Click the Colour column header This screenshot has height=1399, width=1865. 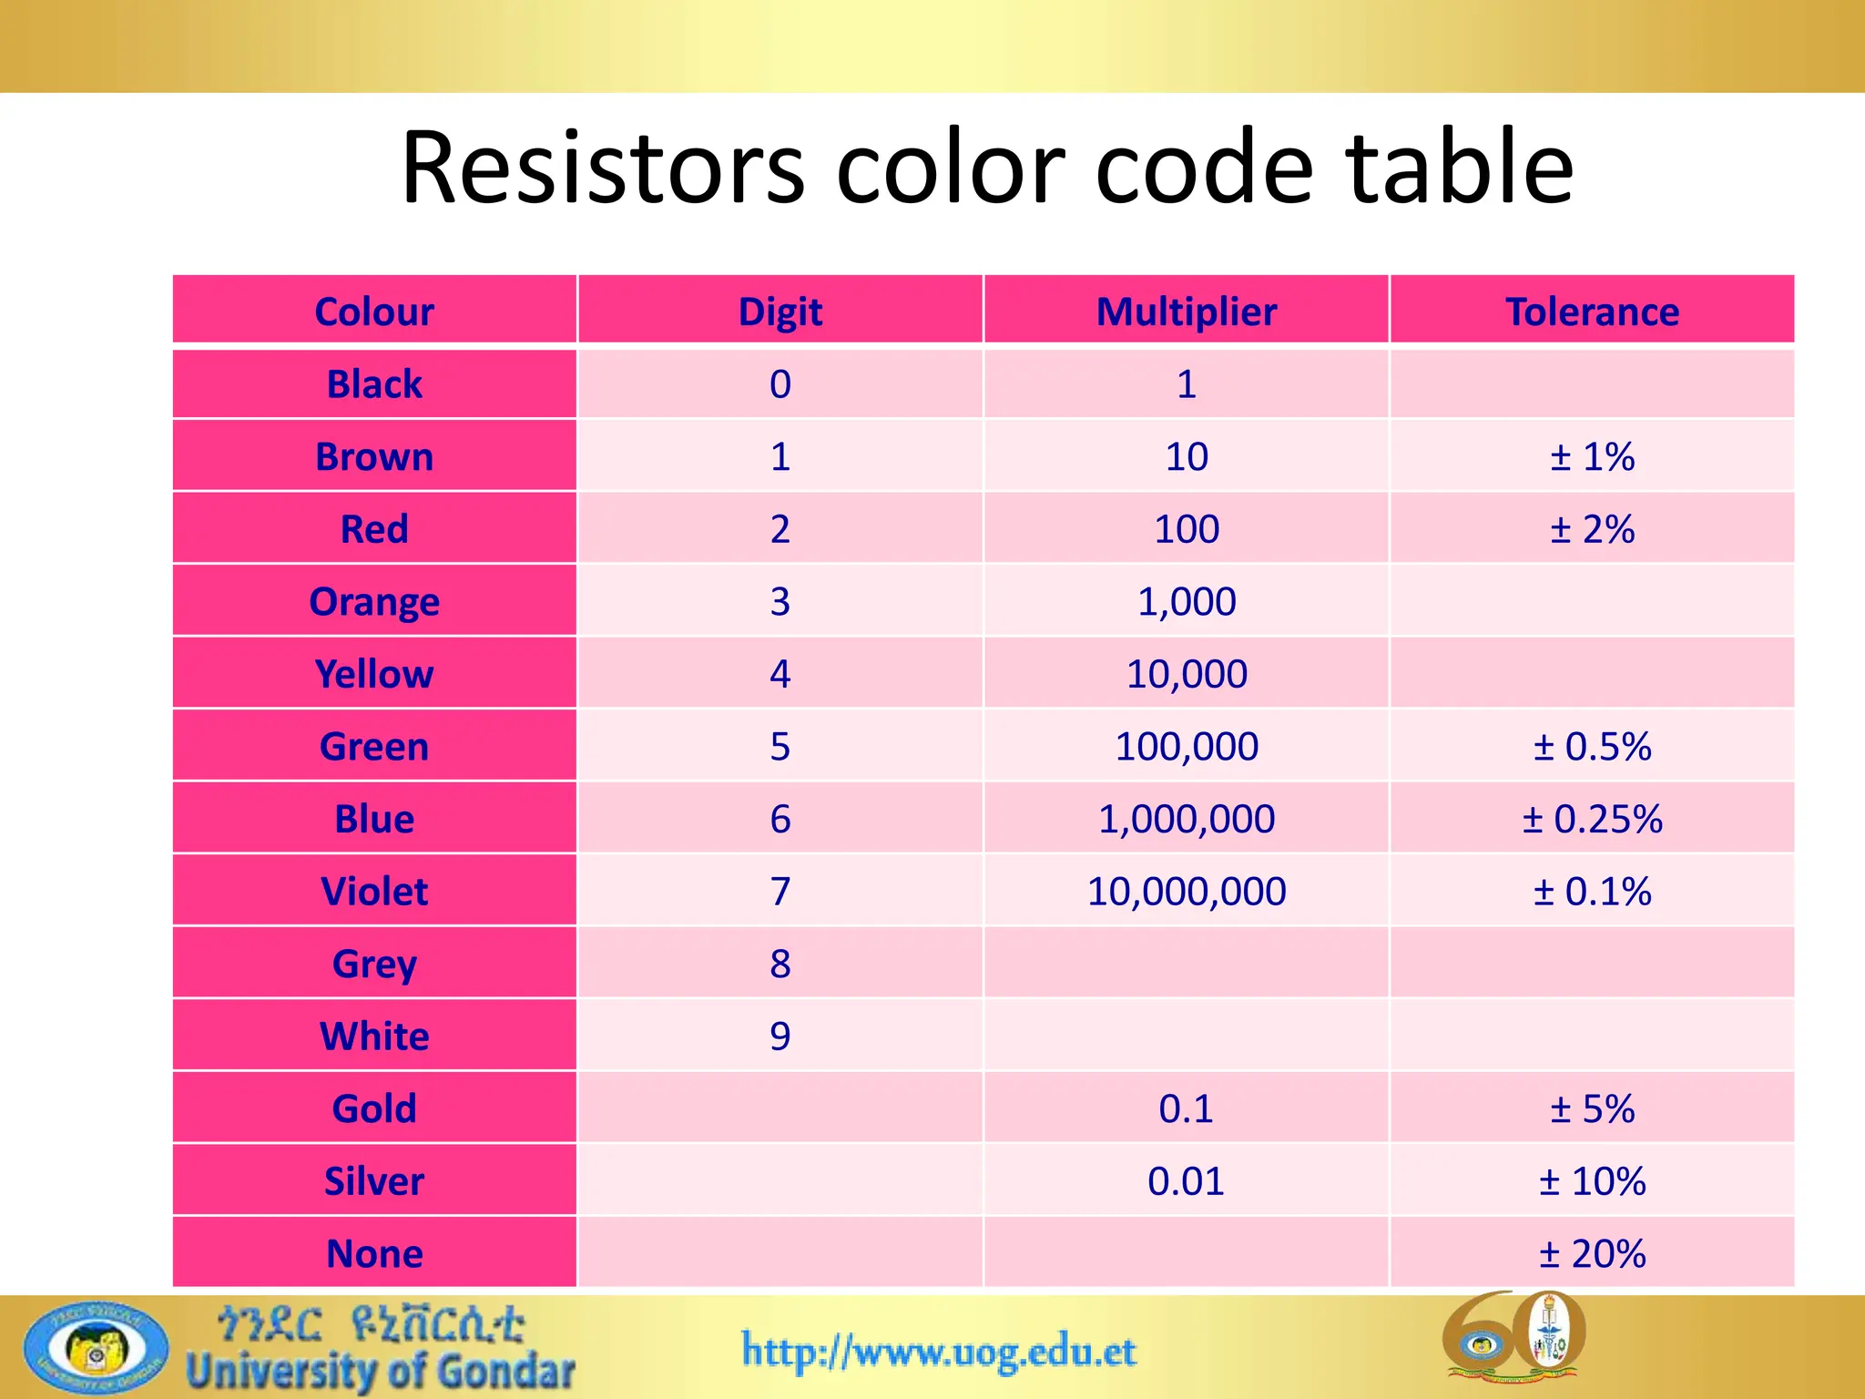coord(374,311)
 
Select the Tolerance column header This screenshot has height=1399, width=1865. coord(1592,311)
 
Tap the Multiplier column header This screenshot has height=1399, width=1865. coord(1186,311)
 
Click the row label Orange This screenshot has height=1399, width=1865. coord(374,601)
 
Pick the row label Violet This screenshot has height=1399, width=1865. coord(374,891)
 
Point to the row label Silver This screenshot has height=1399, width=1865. coord(374,1181)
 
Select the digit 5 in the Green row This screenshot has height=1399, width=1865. coord(780,746)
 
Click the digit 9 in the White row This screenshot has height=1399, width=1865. coord(780,1036)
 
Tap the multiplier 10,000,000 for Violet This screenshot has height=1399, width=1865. coord(1186,891)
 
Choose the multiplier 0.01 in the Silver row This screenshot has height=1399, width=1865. coord(1186,1181)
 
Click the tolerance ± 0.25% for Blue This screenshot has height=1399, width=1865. coord(1592,819)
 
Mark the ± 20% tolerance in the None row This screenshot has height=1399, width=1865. coord(1592,1253)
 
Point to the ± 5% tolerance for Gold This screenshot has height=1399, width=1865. coord(1592,1108)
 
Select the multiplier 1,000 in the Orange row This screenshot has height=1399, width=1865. coord(1186,601)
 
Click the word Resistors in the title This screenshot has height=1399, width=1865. coord(603,168)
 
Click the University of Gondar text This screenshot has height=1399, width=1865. coord(381,1372)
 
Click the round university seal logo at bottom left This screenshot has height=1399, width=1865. coord(96,1347)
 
